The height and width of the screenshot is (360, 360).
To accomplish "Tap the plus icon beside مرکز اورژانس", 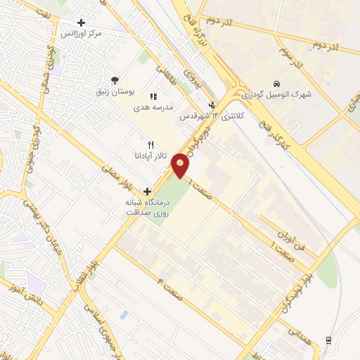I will coord(82,23).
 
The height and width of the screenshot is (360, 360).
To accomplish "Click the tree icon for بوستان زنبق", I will coord(115,80).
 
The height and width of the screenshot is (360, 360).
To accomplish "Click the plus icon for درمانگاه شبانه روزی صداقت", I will coord(147,191).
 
